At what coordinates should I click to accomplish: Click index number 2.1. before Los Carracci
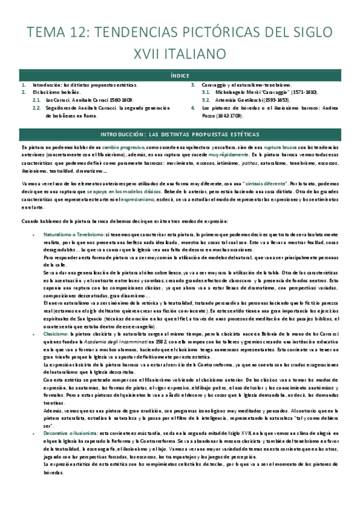pos(36,100)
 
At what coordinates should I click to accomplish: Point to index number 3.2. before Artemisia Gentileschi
pos(205,100)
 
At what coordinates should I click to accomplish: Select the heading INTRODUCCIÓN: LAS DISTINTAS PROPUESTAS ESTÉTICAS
pos(180,133)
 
